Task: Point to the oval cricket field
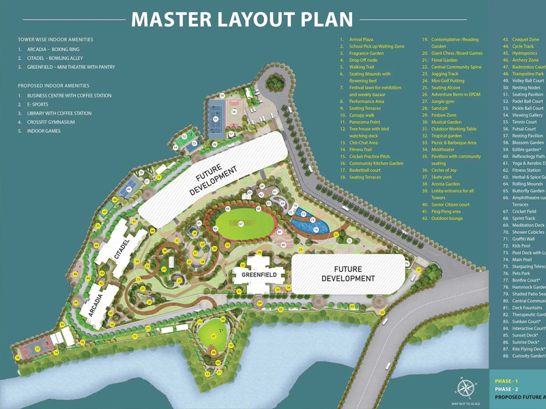coord(242,224)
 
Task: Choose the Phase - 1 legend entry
coord(507,380)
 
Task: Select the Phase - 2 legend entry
coord(507,389)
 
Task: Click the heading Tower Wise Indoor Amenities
coord(55,40)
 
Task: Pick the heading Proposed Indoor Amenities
coord(53,86)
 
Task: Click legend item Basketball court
coord(369,170)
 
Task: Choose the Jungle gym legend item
coord(443,102)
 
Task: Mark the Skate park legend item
coord(442,177)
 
